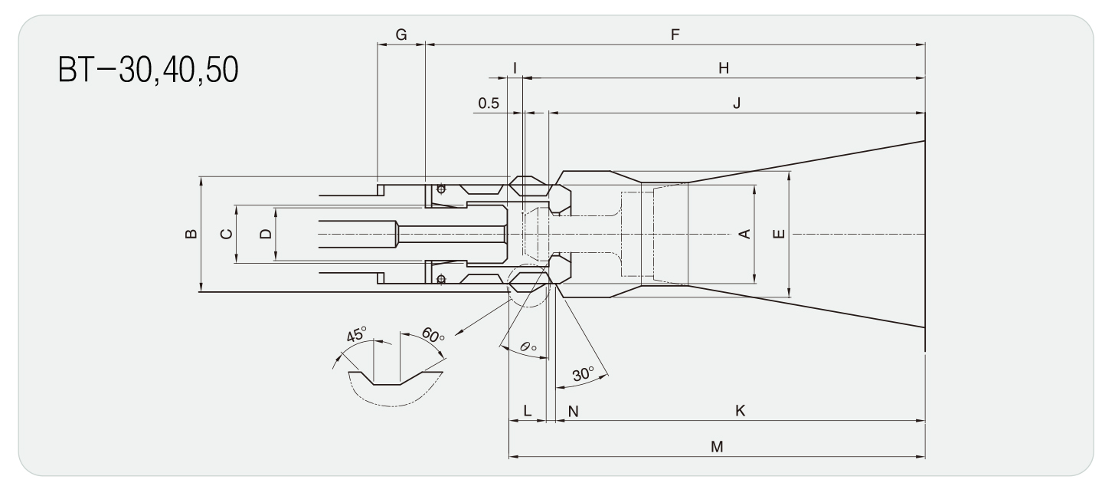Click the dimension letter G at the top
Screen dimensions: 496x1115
tap(401, 34)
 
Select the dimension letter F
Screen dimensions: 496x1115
tap(675, 34)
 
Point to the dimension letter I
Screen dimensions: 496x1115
tap(515, 68)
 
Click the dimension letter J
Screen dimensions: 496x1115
tap(736, 103)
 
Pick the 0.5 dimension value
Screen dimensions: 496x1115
tap(488, 103)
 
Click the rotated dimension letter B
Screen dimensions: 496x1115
tap(191, 234)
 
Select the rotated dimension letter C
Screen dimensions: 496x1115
tap(226, 234)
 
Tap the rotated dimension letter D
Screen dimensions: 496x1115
tap(265, 234)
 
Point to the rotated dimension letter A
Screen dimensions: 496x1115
tap(742, 234)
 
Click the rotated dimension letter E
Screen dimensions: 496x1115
tap(778, 234)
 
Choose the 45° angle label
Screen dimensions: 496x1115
tap(357, 334)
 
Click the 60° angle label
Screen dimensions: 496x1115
tap(433, 336)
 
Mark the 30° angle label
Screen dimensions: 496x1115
tap(584, 374)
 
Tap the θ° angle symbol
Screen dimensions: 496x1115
tap(528, 347)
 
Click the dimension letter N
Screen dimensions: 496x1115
tap(573, 411)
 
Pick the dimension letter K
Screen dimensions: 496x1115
tap(740, 411)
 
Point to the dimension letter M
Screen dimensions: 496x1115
tap(717, 446)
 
